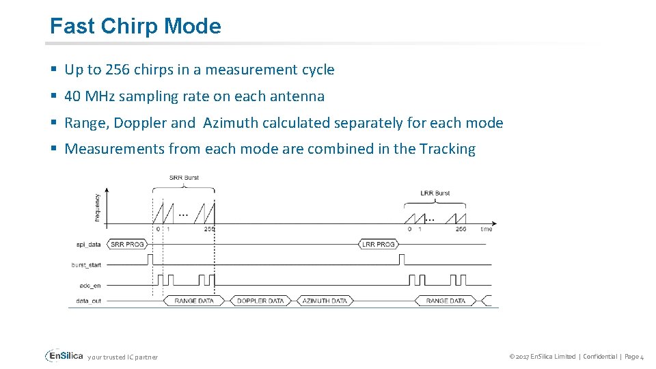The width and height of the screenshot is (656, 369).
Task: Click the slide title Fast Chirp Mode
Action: point(135,26)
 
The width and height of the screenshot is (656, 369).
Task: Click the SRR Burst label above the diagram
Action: point(184,178)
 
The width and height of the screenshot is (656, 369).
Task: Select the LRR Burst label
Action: point(435,193)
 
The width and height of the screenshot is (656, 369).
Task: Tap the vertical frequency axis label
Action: point(97,206)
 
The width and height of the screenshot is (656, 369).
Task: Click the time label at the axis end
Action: point(486,229)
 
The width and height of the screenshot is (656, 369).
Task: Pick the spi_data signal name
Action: point(89,244)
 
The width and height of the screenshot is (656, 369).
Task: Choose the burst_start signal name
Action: point(86,264)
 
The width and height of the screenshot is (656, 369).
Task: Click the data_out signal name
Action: point(89,301)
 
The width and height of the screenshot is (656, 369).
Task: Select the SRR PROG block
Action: point(127,244)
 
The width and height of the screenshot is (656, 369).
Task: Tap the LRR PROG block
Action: point(378,244)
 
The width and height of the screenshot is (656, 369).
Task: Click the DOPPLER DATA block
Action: point(260,301)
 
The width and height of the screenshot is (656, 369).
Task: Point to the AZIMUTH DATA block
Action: point(325,301)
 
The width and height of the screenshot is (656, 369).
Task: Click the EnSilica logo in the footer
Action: point(64,356)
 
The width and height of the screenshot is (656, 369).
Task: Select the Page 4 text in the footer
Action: point(632,357)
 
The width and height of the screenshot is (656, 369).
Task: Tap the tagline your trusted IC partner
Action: point(123,357)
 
